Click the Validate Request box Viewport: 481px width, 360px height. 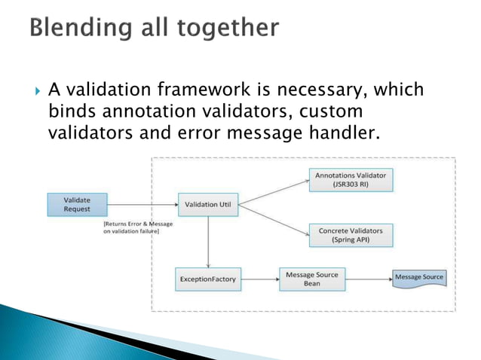pyautogui.click(x=77, y=204)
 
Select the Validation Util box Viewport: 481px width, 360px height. pyautogui.click(x=207, y=205)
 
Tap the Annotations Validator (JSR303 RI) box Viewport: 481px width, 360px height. pyautogui.click(x=350, y=179)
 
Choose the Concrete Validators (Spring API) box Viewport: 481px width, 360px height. pyautogui.click(x=350, y=235)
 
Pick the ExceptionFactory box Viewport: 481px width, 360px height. pyautogui.click(x=207, y=279)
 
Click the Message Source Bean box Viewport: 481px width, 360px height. pyautogui.click(x=313, y=279)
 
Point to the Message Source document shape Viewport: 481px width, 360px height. pyautogui.click(x=419, y=278)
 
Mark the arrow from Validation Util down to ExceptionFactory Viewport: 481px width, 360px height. pyautogui.click(x=207, y=241)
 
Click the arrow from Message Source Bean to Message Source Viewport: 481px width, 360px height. pyautogui.click(x=369, y=279)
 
